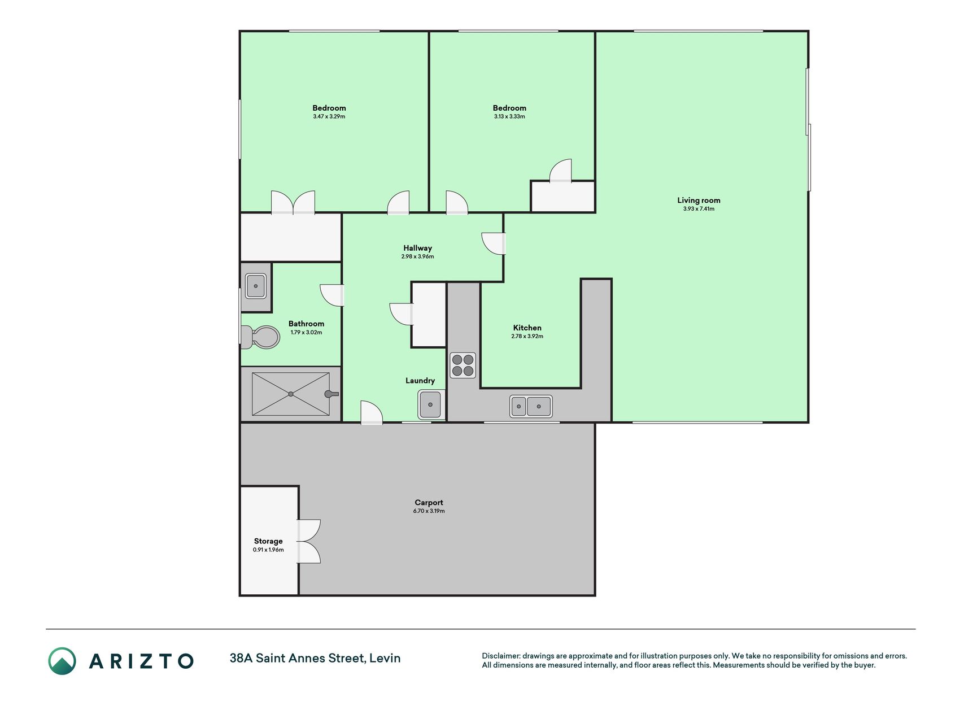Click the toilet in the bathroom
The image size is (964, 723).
(x=260, y=337)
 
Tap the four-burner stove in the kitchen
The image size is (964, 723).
(x=463, y=365)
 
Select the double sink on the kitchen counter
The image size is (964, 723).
(x=531, y=406)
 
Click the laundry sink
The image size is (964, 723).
(x=431, y=404)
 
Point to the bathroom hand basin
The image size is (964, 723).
(x=256, y=286)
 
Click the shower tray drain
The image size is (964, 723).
(x=291, y=394)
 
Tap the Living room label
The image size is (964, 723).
(x=699, y=200)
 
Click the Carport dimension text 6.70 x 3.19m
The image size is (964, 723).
(x=429, y=511)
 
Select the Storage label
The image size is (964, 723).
(x=268, y=541)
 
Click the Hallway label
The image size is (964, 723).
(x=417, y=248)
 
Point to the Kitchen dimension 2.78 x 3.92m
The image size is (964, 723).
(x=527, y=337)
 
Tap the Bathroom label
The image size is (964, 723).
(x=306, y=324)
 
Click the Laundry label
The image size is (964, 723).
(x=420, y=381)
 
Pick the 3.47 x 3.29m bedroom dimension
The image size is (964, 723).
(x=329, y=117)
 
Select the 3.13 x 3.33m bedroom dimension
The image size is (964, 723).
(x=509, y=117)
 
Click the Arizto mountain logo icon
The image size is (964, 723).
(x=62, y=661)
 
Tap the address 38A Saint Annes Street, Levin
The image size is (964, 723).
(x=315, y=658)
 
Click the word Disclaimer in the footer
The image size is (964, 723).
(x=500, y=656)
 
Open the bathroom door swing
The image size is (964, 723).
(x=332, y=295)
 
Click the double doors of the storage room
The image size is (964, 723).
(x=309, y=541)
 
